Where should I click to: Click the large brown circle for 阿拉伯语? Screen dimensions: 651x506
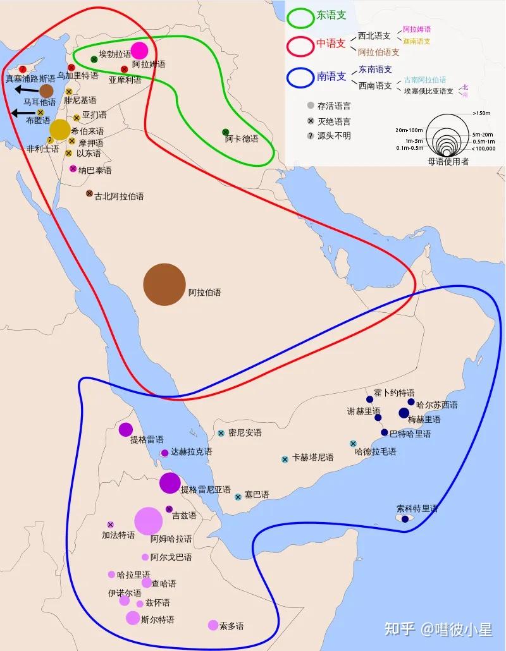click(164, 284)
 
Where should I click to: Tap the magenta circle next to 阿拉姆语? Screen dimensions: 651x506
click(139, 51)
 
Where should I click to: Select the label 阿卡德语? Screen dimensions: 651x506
click(242, 139)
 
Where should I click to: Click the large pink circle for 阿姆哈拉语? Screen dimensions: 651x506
click(149, 521)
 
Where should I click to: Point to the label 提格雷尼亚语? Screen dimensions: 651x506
click(206, 489)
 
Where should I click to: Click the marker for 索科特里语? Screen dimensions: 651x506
click(405, 519)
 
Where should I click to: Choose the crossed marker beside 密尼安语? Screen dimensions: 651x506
click(221, 433)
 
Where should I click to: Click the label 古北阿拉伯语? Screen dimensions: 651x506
click(119, 196)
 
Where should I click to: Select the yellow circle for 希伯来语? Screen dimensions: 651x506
click(59, 129)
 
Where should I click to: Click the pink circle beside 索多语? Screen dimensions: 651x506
click(213, 625)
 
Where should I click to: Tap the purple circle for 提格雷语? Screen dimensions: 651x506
click(126, 430)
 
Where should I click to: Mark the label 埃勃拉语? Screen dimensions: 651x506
click(115, 54)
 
